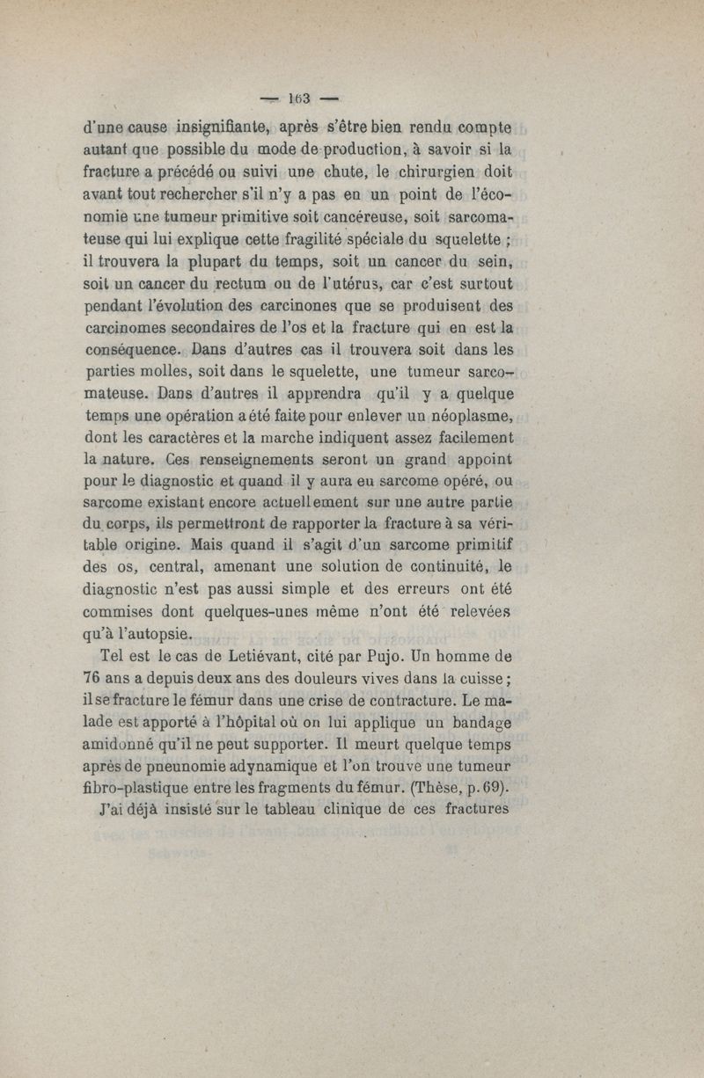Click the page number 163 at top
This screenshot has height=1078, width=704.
pos(290,97)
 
